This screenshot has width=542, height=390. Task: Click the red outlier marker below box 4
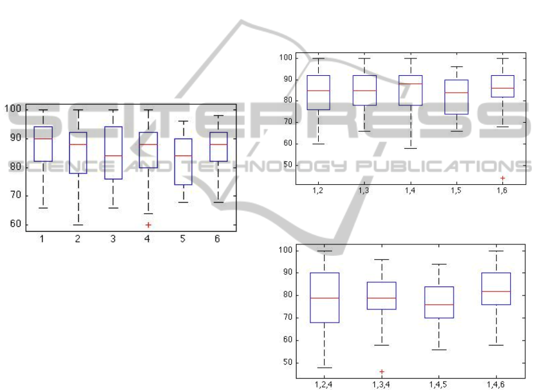click(x=149, y=225)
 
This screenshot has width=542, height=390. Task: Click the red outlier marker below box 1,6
click(x=502, y=178)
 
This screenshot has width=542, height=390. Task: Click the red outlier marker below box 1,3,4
click(x=382, y=372)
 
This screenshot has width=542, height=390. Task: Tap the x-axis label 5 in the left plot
click(x=182, y=238)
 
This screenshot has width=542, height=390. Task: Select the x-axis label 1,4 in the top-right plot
click(x=410, y=190)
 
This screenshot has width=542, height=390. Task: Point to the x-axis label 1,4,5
click(x=438, y=384)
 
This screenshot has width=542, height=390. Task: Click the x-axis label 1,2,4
click(x=324, y=384)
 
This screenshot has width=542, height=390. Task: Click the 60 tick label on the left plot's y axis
click(x=16, y=224)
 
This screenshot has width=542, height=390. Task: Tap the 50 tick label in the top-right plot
click(x=288, y=164)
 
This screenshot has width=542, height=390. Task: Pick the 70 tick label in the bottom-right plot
click(x=288, y=317)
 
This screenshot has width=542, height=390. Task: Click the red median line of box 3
click(x=113, y=156)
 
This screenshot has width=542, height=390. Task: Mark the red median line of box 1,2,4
click(x=325, y=298)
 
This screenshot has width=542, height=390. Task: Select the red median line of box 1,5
click(x=456, y=93)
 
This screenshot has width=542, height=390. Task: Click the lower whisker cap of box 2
click(x=78, y=225)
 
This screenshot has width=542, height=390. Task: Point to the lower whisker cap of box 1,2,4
click(x=325, y=368)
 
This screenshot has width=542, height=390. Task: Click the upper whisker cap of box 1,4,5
click(x=439, y=264)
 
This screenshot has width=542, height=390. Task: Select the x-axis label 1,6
click(x=502, y=190)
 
